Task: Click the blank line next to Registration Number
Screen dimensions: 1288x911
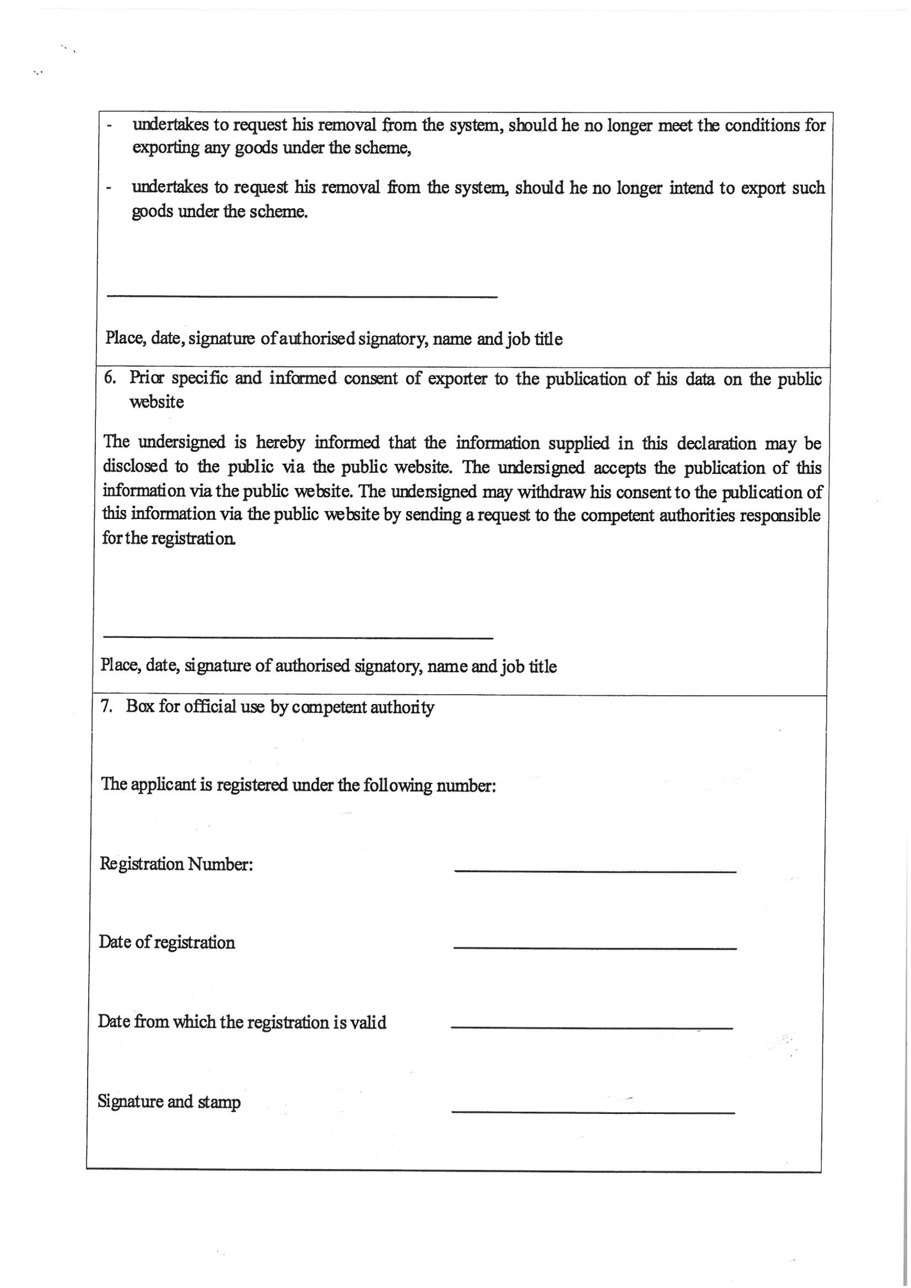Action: click(x=595, y=871)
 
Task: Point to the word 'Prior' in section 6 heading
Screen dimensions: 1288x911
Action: click(x=146, y=378)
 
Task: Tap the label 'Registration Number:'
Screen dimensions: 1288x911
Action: click(x=176, y=864)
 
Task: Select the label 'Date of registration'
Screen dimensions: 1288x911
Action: click(x=167, y=942)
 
